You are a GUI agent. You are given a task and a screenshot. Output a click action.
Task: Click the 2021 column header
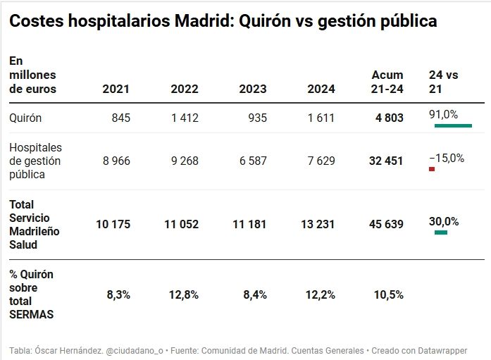tap(116, 89)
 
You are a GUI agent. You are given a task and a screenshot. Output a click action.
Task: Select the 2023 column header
tap(253, 89)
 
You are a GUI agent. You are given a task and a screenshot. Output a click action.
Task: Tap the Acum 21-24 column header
tap(387, 82)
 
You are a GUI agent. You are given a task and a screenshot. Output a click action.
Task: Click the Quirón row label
tap(25, 118)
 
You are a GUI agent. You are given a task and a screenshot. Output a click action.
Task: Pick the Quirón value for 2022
tap(185, 118)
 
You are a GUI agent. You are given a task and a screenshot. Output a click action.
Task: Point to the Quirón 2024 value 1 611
tap(321, 118)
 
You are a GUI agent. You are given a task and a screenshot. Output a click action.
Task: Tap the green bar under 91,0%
tap(452, 125)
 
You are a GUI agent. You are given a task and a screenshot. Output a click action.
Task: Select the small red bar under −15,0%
tap(432, 169)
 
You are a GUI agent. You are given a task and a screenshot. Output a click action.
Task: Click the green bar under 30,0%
tap(441, 232)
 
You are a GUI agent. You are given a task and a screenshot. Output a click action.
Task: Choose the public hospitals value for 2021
tap(116, 161)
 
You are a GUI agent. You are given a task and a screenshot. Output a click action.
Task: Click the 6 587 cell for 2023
tap(253, 161)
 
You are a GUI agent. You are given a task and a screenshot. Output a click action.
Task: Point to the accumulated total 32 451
tap(386, 161)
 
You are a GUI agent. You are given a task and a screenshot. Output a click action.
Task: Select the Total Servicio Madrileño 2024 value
tap(318, 225)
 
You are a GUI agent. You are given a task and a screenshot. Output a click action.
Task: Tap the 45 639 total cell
tap(386, 225)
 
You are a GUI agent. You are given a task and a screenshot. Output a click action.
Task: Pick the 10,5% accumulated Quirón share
tap(390, 295)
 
